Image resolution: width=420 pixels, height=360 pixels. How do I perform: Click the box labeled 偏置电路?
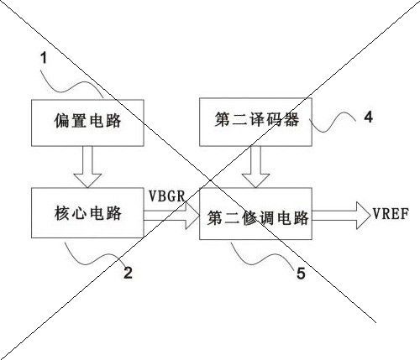point(87,123)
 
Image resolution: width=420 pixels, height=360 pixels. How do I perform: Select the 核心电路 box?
point(87,213)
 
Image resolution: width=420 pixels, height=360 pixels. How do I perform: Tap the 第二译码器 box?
point(255,122)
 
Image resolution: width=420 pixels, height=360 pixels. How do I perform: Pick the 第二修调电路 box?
point(255,214)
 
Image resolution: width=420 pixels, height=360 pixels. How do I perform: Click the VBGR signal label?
point(167,196)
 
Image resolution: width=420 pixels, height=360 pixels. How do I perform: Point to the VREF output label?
point(391,214)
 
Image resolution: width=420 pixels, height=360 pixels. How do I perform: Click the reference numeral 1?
point(44,59)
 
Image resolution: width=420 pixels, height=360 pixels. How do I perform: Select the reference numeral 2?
point(128,273)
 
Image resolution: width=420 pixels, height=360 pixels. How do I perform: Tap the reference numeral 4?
point(369,117)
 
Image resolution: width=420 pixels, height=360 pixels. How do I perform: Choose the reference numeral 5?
point(301,274)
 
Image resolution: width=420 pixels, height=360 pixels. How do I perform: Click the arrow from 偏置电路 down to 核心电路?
point(87,167)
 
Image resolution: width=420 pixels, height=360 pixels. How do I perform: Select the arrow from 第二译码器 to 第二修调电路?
point(255,167)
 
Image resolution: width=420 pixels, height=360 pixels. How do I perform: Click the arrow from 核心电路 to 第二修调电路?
point(171,216)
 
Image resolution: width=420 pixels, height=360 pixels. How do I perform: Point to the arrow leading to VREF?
point(341,216)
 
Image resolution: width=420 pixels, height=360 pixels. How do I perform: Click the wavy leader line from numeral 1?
point(71,86)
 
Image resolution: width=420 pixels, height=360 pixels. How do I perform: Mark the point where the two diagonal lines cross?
point(210,180)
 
